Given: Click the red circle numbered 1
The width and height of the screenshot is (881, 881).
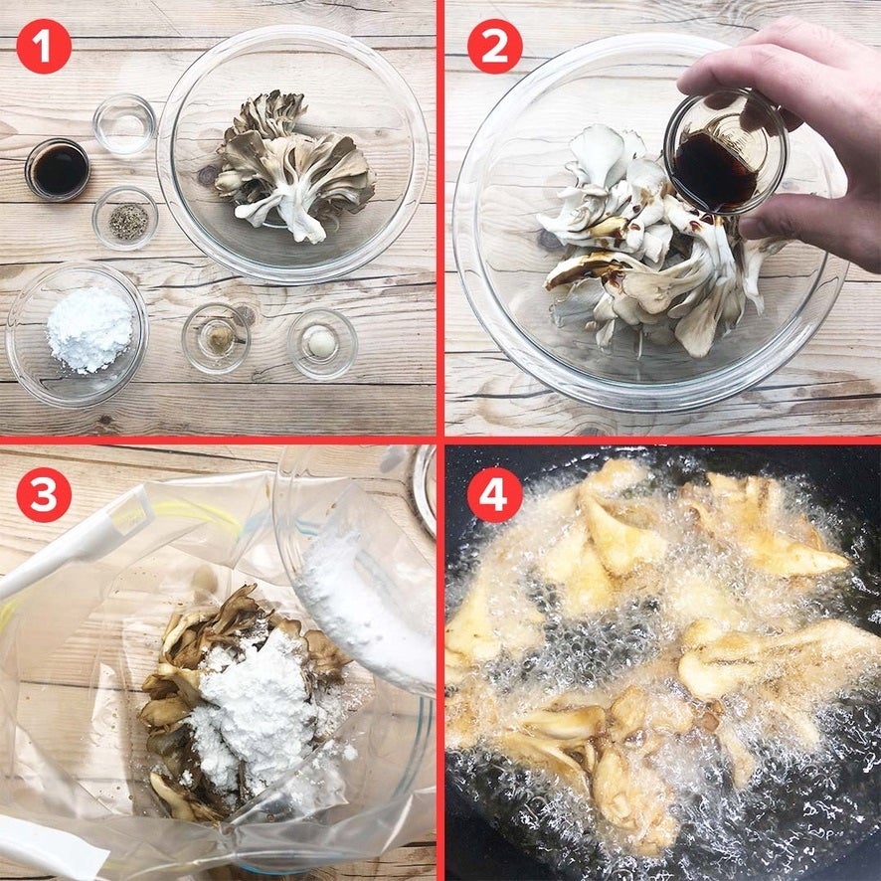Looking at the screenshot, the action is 44,46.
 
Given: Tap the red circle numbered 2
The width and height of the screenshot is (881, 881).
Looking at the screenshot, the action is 494,46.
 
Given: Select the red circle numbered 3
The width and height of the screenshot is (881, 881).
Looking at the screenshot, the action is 44,494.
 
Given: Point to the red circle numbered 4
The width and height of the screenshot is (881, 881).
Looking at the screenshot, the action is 494,494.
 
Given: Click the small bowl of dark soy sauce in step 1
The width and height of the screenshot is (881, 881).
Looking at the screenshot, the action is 58,170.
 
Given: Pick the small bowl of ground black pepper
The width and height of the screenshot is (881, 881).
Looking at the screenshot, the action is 125,219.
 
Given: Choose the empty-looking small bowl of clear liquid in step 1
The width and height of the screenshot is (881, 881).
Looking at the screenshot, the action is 124,124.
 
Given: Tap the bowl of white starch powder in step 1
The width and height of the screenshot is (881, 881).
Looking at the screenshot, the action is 77,334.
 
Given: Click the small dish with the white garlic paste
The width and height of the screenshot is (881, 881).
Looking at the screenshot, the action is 322,343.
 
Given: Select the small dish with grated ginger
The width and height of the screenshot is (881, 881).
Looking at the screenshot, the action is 216,338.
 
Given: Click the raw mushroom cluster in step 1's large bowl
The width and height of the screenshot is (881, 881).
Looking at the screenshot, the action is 295,166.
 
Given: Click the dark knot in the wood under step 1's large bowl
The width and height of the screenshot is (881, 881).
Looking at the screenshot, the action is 208,175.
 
